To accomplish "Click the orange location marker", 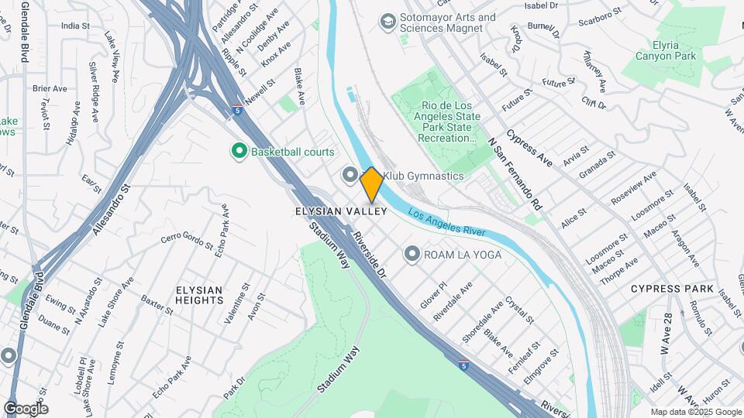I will click(x=371, y=184).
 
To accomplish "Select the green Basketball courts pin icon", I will click(x=239, y=152).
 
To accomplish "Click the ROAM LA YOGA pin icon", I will click(x=412, y=254).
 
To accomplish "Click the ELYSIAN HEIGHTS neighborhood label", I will click(x=199, y=295).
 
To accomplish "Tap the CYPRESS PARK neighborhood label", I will click(x=672, y=289).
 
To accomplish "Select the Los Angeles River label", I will click(x=446, y=223).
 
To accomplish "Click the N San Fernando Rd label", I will click(x=515, y=175).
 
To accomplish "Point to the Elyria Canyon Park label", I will click(x=666, y=50).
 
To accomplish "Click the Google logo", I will click(x=26, y=409).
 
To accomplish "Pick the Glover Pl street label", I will click(x=433, y=294).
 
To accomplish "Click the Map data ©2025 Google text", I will click(x=695, y=412).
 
